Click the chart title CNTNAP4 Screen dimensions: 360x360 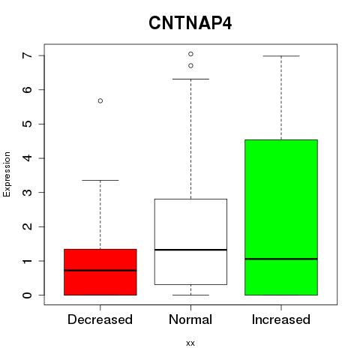(x=190, y=23)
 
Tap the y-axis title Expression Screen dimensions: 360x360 (x=7, y=174)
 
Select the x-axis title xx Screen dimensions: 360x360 (x=190, y=343)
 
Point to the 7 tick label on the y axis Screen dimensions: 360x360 (x=27, y=55)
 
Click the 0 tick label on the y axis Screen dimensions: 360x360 (x=27, y=295)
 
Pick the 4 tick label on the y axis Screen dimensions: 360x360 (x=27, y=158)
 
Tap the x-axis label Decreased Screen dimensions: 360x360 (x=100, y=319)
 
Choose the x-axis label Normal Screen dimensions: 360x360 (x=190, y=319)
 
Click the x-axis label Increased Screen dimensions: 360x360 (x=281, y=319)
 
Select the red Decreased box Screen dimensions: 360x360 (x=100, y=272)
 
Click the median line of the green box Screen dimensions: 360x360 (x=281, y=259)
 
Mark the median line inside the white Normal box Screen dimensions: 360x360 (x=190, y=250)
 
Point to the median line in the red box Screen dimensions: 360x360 (x=100, y=270)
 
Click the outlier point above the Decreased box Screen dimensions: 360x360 (x=100, y=100)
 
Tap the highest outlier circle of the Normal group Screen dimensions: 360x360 (x=190, y=54)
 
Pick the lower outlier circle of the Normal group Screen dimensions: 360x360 (x=190, y=65)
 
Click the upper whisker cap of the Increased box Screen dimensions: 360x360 (x=281, y=56)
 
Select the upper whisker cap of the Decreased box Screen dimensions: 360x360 (x=100, y=180)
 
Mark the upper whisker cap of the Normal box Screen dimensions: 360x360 (x=190, y=79)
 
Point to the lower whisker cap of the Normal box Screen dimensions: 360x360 (x=190, y=295)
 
